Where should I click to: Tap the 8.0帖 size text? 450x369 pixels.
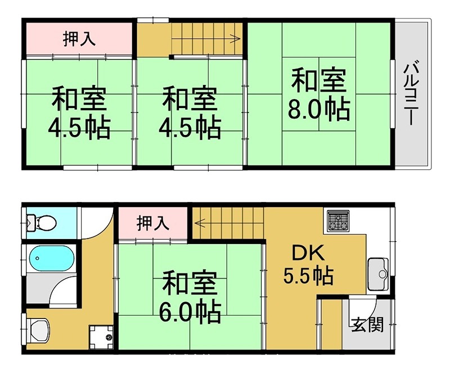click(319, 109)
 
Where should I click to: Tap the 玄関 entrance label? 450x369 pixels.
click(368, 325)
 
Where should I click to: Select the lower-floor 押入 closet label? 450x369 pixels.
click(153, 223)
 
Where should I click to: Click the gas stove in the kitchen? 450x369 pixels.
click(336, 220)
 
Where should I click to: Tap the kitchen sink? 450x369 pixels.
click(378, 274)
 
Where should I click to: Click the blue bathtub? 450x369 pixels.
click(50, 260)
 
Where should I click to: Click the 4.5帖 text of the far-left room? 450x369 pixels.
click(79, 128)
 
